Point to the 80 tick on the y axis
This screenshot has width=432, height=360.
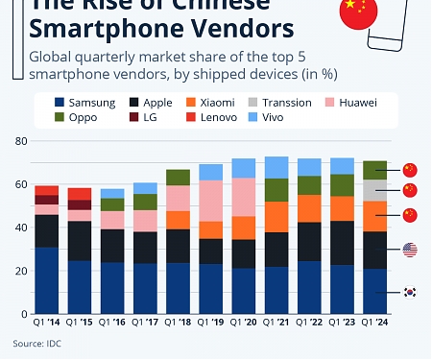click(x=18, y=141)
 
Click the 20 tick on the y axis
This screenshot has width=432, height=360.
click(x=18, y=272)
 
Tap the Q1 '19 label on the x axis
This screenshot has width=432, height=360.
click(x=210, y=324)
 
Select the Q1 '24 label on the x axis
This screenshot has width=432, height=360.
click(x=374, y=324)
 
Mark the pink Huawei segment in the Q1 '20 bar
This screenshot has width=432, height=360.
click(x=244, y=197)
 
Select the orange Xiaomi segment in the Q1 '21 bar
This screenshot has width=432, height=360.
click(x=276, y=216)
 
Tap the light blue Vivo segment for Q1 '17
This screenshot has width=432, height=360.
click(x=145, y=188)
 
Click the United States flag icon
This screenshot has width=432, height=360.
click(x=410, y=250)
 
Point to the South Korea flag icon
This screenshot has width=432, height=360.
click(x=410, y=292)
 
